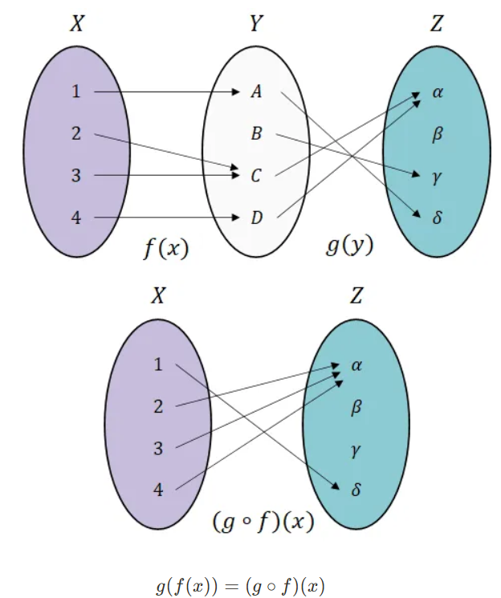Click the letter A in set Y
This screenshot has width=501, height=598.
tap(256, 92)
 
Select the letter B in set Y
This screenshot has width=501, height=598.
tap(256, 134)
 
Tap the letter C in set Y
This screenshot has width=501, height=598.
tap(256, 176)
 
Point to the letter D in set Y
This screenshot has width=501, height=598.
tap(256, 218)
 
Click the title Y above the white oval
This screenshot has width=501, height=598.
tap(255, 25)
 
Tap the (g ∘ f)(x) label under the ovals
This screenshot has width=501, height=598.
tap(263, 521)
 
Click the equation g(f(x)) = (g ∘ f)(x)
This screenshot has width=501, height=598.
tap(241, 585)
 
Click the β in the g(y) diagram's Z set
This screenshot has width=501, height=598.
tap(438, 134)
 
